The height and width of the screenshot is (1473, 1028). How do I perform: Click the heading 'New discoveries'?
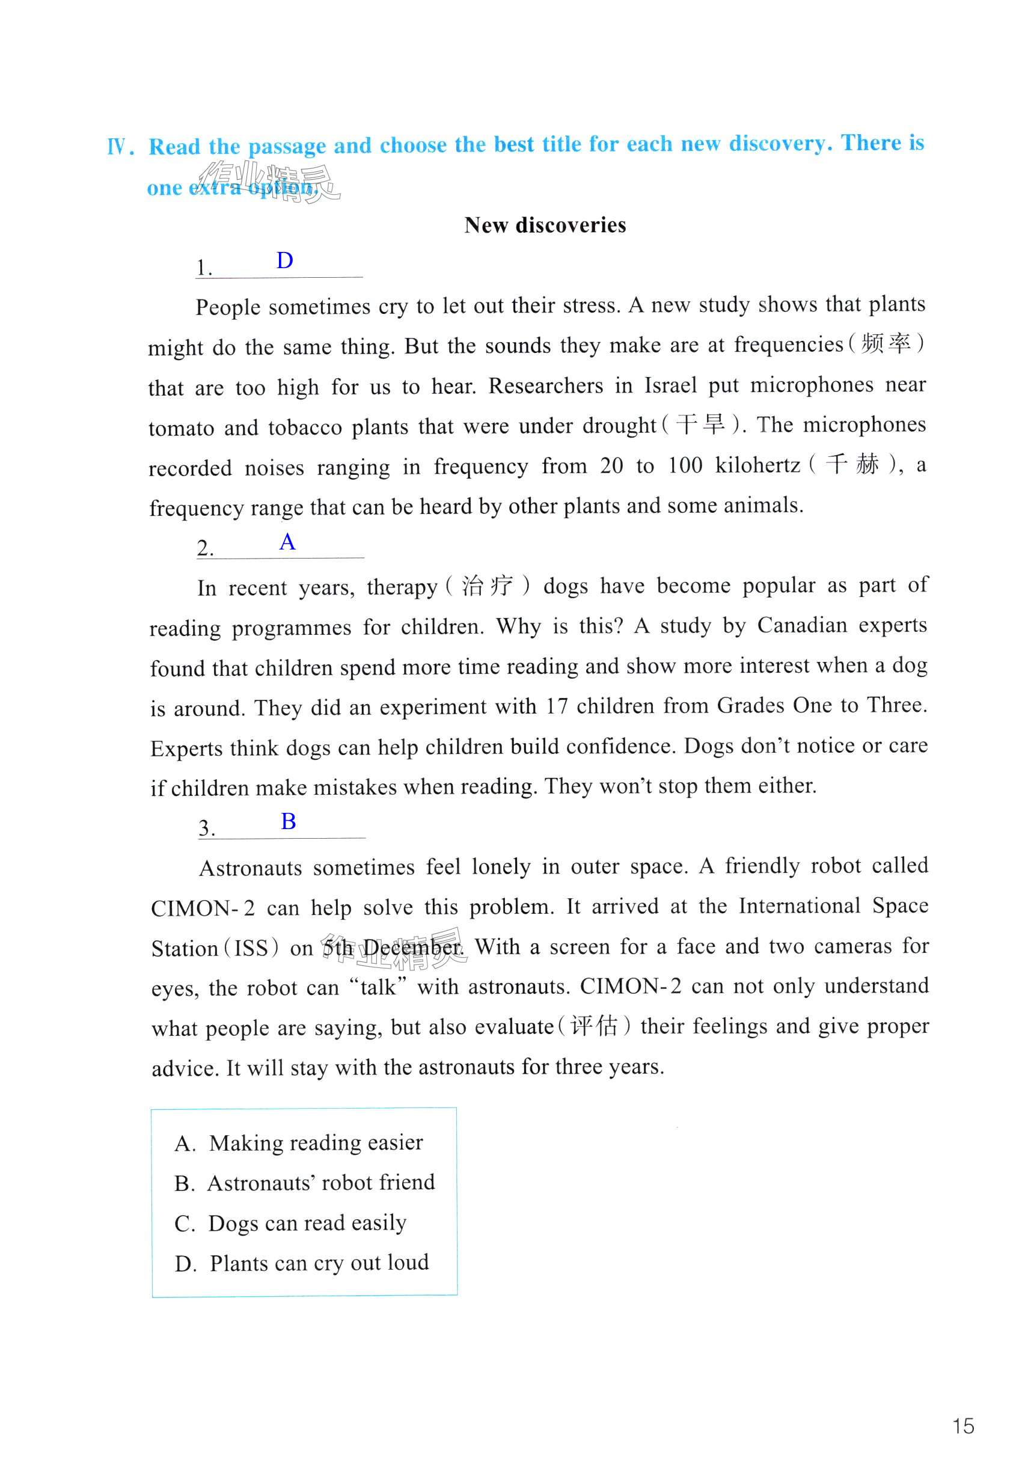tap(545, 225)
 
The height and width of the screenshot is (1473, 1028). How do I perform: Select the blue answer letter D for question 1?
tap(285, 260)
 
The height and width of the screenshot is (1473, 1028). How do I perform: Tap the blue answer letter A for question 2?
tap(287, 542)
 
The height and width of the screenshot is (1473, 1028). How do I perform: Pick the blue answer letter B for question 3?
tap(289, 821)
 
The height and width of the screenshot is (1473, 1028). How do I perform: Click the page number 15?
tap(962, 1426)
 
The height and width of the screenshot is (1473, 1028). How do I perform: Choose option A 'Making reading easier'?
tap(299, 1142)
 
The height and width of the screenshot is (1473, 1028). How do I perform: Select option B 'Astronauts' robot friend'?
tap(305, 1183)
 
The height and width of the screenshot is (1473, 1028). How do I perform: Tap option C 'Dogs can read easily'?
tap(290, 1223)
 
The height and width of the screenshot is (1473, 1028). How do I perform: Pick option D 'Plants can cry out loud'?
tap(302, 1263)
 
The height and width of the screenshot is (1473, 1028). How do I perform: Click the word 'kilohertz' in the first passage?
tap(757, 465)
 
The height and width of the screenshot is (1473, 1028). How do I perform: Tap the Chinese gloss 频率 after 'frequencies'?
tap(886, 344)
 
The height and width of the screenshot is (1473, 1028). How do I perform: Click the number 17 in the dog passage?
tap(557, 706)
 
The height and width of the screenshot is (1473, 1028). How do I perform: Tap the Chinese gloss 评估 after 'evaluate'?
tap(594, 1026)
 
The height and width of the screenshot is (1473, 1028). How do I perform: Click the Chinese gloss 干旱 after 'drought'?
tap(701, 424)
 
